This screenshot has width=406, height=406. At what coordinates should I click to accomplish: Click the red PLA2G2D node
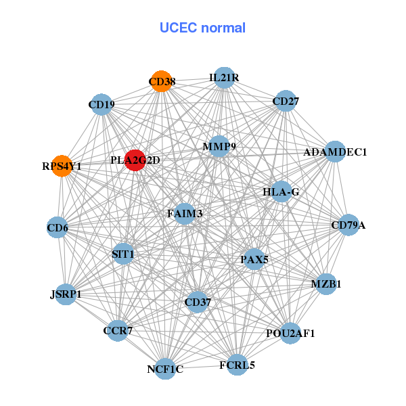(x=135, y=160)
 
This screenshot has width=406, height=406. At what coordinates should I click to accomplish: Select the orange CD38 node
(x=161, y=82)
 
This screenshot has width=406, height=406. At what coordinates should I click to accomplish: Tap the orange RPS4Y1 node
(x=62, y=165)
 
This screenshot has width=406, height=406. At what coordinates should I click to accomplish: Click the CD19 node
(x=101, y=104)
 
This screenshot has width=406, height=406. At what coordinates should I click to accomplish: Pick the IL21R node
(x=224, y=78)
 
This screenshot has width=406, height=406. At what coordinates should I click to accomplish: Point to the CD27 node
(x=286, y=101)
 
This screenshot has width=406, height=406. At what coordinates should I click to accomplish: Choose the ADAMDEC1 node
(x=335, y=152)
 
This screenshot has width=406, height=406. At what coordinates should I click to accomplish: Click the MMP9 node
(x=219, y=146)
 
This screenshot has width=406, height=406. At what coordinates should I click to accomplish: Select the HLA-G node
(x=281, y=192)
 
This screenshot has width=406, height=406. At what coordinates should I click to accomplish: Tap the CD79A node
(x=348, y=225)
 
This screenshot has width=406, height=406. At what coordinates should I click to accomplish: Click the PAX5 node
(x=254, y=259)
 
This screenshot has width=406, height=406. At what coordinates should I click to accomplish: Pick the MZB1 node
(x=325, y=284)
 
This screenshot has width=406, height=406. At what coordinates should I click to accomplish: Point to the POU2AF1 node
(x=290, y=333)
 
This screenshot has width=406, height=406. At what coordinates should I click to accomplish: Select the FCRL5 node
(x=237, y=365)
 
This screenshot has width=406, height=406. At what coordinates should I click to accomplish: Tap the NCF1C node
(x=165, y=369)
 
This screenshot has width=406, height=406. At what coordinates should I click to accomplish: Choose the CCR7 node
(x=118, y=331)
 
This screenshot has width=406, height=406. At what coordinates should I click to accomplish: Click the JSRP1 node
(x=66, y=294)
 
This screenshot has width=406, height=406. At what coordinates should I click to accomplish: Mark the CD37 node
(x=197, y=301)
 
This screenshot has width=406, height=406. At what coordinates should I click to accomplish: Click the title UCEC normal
(x=202, y=28)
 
